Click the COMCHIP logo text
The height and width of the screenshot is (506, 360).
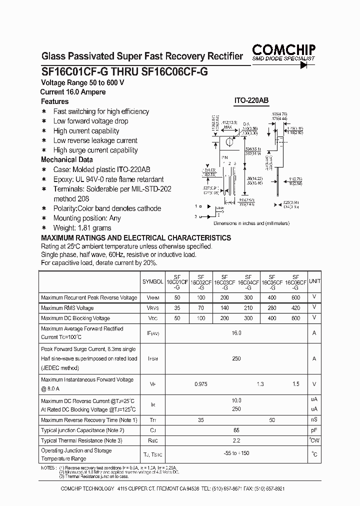283,49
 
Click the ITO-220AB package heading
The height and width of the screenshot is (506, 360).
251,100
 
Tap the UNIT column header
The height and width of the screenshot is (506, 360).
314,281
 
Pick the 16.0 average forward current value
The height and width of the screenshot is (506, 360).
236,332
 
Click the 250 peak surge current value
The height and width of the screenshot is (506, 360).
236,358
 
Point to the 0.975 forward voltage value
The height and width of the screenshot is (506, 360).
201,384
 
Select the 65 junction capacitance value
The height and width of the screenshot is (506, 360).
236,430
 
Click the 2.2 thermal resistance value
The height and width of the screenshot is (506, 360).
236,440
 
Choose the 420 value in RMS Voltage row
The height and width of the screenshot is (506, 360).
295,308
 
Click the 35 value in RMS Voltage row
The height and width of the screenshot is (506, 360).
177,308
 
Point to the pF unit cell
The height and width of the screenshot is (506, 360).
314,430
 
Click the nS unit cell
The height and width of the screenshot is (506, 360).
314,420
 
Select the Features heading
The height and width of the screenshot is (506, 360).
54,101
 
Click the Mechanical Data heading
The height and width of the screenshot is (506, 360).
66,160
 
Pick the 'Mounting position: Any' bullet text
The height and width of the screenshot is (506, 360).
87,218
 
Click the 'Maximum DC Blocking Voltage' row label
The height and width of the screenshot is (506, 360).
75,318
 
